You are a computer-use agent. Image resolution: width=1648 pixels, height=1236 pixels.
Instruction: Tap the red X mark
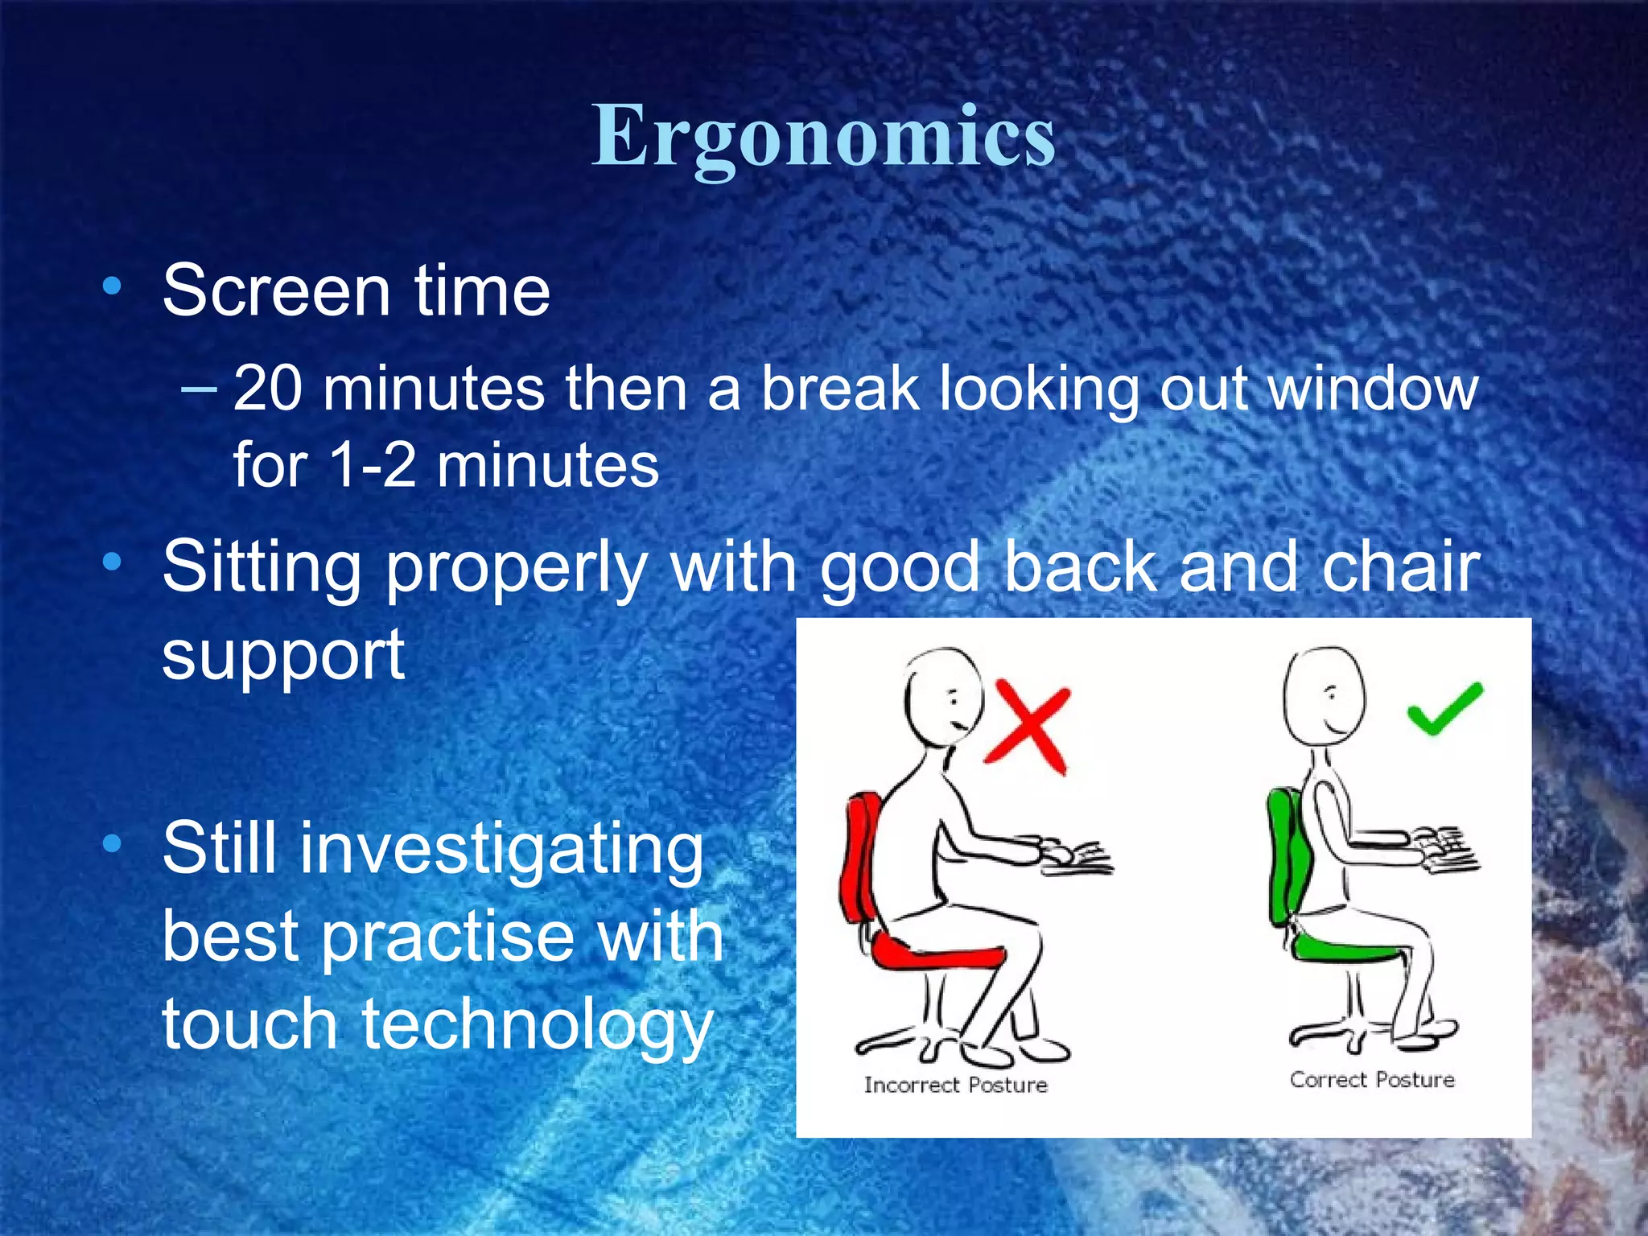pyautogui.click(x=1027, y=726)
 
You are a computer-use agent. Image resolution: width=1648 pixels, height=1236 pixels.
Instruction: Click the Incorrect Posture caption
pyautogui.click(x=955, y=1086)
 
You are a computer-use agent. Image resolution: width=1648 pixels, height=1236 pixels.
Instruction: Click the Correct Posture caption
pyautogui.click(x=1372, y=1080)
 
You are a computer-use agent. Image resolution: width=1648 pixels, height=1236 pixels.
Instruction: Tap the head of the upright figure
pyautogui.click(x=1324, y=696)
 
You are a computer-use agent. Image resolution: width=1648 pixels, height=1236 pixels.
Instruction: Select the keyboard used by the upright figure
pyautogui.click(x=1448, y=853)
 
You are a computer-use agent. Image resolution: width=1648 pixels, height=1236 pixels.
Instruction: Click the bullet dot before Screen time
pyautogui.click(x=112, y=286)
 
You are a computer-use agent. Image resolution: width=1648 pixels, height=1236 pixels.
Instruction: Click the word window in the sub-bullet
pyautogui.click(x=1373, y=389)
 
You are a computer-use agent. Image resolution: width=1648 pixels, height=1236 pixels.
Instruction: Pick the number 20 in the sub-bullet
pyautogui.click(x=269, y=389)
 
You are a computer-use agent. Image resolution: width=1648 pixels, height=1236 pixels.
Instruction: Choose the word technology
pyautogui.click(x=537, y=1026)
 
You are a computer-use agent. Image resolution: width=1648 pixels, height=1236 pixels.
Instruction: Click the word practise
pyautogui.click(x=447, y=937)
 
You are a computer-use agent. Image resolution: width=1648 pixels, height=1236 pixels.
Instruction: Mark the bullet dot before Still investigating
pyautogui.click(x=112, y=844)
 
